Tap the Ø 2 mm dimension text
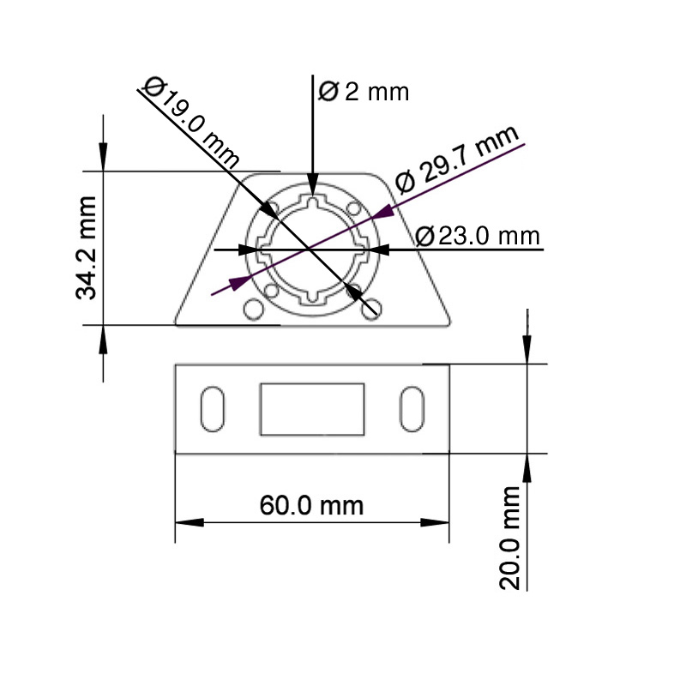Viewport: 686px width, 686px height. [364, 91]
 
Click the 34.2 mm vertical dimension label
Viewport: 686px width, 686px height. [86, 249]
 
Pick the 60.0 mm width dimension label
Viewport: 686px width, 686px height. [311, 505]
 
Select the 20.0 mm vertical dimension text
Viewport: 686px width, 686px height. [512, 538]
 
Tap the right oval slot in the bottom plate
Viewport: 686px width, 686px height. [412, 409]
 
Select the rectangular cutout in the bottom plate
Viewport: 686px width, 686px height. [312, 409]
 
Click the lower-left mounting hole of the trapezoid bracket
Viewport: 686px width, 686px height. [253, 309]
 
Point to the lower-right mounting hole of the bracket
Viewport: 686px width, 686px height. [370, 310]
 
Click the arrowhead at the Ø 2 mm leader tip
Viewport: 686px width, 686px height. [313, 187]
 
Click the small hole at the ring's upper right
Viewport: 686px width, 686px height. [354, 208]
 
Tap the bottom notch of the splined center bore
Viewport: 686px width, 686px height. [313, 298]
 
